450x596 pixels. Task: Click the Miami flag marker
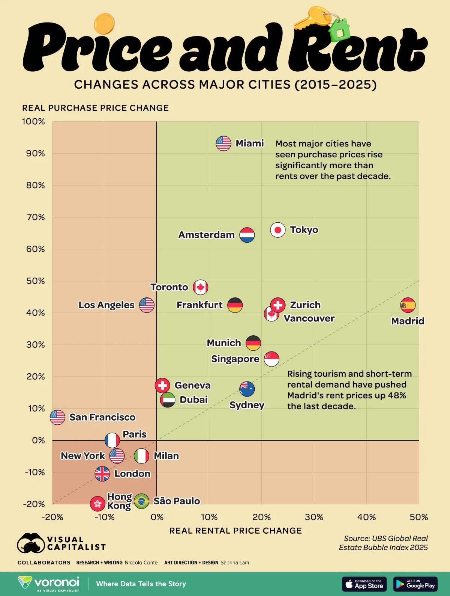223,143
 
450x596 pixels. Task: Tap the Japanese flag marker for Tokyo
278,230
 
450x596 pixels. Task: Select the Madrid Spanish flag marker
408,305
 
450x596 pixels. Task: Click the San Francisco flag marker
57,417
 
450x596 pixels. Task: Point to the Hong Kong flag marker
97,504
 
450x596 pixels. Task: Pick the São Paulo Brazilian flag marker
141,501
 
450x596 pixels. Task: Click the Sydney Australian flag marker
247,389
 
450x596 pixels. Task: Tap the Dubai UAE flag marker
168,400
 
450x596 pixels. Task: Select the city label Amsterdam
206,235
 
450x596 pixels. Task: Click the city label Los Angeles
106,305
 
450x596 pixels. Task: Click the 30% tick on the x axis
314,517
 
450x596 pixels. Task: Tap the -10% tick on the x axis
104,517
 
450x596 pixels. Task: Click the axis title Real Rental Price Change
235,531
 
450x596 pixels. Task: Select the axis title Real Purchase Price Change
95,108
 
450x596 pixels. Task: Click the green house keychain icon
340,30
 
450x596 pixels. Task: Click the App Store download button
364,584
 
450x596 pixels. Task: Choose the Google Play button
415,584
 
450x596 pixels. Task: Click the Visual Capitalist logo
61,543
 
